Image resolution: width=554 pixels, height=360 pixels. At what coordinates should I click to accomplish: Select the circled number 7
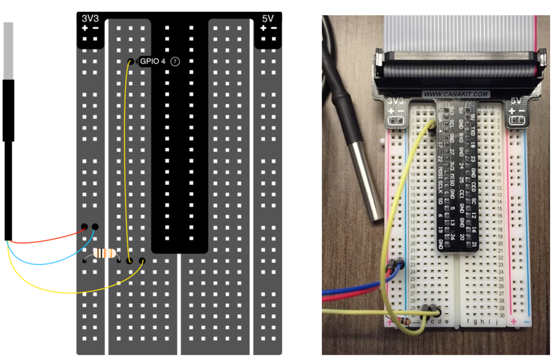[175, 61]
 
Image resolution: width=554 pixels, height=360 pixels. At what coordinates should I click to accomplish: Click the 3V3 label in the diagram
[90, 19]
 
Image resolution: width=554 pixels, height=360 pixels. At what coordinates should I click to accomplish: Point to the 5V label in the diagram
[268, 19]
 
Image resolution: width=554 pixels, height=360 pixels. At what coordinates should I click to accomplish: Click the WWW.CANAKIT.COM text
[456, 94]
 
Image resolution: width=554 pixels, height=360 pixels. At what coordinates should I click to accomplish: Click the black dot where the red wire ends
[84, 226]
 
